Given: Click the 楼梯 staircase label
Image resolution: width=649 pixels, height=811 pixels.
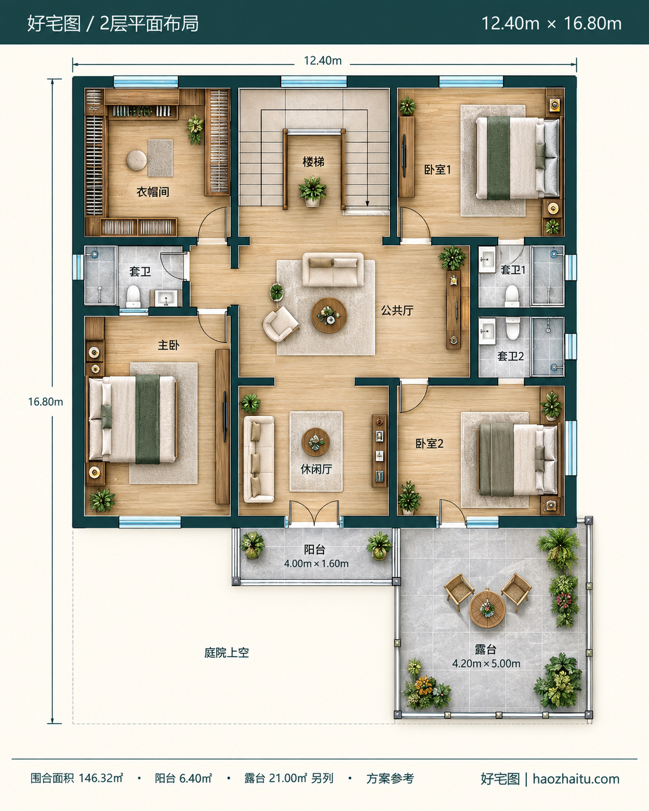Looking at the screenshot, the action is point(313,162).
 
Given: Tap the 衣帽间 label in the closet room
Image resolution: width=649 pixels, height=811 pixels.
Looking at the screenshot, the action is point(153,192).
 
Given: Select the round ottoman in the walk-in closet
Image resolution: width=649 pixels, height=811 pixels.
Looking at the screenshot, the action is point(137,160).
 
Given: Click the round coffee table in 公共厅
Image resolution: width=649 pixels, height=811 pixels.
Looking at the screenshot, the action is point(329,315).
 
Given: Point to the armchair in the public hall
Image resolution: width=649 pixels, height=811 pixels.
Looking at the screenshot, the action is point(281,324).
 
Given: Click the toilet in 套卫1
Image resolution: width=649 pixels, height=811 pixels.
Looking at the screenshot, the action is point(512,296).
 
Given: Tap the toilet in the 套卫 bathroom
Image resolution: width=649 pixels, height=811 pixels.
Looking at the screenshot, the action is point(133,296).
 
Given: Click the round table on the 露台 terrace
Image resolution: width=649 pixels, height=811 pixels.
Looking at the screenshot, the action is point(487,609).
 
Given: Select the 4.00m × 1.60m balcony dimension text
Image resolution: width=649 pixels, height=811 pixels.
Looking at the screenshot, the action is point(316,564).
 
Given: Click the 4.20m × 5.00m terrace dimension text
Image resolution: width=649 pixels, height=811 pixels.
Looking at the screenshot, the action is point(486,663).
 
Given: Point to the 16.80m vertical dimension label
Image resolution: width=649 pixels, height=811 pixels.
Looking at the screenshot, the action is point(45,401).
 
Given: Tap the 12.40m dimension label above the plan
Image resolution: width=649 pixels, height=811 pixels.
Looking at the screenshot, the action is point(323,61).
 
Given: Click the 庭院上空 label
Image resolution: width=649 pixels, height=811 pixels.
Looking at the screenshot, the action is point(227,653).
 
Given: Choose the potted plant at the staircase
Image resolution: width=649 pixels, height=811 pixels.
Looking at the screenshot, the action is point(312,191).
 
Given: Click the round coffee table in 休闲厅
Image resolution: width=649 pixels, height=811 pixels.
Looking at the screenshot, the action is point(316,442).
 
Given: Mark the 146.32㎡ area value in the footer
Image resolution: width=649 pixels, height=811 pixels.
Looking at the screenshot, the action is point(101,775).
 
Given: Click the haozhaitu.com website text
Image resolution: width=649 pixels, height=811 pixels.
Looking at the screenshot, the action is point(576,776).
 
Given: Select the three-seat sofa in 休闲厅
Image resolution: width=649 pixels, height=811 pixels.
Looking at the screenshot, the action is point(259,459).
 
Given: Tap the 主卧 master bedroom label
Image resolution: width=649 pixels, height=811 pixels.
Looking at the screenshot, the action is point(168,345).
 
